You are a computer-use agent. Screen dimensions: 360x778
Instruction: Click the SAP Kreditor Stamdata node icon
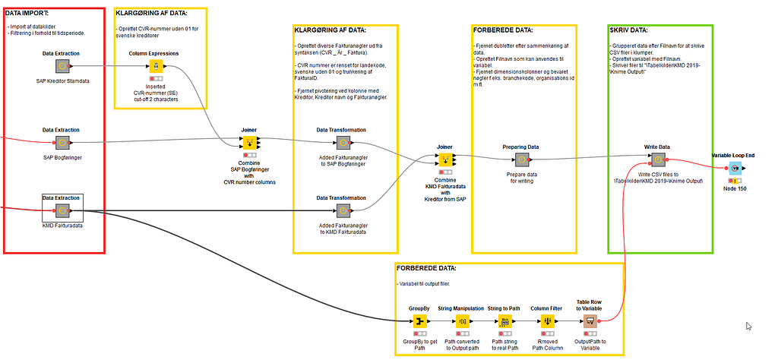[62, 67]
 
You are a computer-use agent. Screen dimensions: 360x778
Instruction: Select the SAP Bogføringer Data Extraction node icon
[62, 143]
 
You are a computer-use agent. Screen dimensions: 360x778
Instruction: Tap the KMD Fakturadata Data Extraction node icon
[62, 210]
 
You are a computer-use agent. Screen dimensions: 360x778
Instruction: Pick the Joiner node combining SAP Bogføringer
[248, 143]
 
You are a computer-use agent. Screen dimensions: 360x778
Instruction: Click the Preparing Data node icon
[521, 159]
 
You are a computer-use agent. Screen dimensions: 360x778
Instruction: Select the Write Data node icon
[656, 159]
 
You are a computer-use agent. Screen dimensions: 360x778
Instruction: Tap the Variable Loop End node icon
[735, 168]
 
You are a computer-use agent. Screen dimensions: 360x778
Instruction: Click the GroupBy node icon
[419, 321]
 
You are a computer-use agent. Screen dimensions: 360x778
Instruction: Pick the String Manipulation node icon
[463, 321]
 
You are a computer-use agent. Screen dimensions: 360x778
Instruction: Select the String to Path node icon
[504, 321]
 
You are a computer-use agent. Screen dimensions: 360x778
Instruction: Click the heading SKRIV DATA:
[629, 31]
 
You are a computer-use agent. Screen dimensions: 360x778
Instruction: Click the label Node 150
[735, 188]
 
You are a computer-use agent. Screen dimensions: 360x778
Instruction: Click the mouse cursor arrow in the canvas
[748, 326]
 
